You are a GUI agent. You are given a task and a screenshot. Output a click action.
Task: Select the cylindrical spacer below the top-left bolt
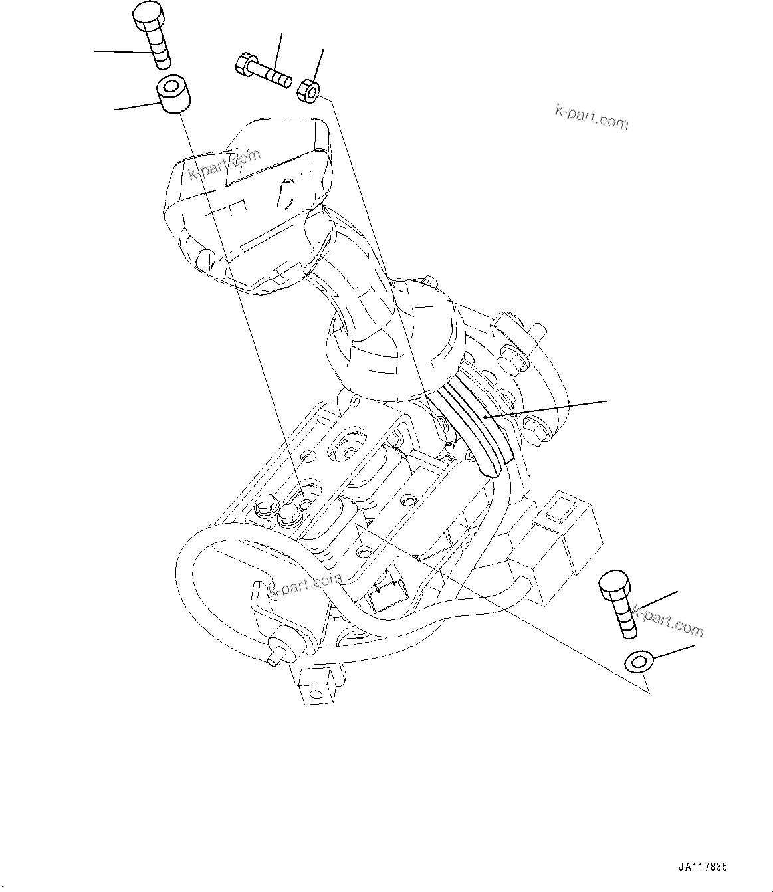[x=173, y=94]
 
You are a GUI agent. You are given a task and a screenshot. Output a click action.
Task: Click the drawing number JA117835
[x=703, y=867]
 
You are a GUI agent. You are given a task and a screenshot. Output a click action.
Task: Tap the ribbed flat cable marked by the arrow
[x=475, y=425]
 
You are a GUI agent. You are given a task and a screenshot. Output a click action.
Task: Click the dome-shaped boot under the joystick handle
[x=392, y=346]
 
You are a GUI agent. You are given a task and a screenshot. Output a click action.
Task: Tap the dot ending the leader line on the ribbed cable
[x=486, y=417]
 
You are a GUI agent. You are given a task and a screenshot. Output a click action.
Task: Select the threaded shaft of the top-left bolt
[x=160, y=51]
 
